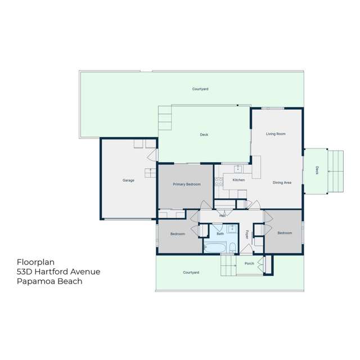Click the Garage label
(128, 181)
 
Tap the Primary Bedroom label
(187, 184)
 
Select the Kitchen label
(238, 180)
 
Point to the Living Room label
(276, 134)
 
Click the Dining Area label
(281, 182)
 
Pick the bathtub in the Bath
(215, 247)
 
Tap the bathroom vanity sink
(232, 231)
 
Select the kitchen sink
(238, 168)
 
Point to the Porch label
(249, 264)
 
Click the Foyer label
(246, 234)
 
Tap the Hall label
(223, 215)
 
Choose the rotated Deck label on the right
(317, 170)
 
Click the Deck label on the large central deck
(204, 134)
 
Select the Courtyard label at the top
(200, 89)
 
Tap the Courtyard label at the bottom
(191, 272)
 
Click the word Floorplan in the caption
(35, 262)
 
